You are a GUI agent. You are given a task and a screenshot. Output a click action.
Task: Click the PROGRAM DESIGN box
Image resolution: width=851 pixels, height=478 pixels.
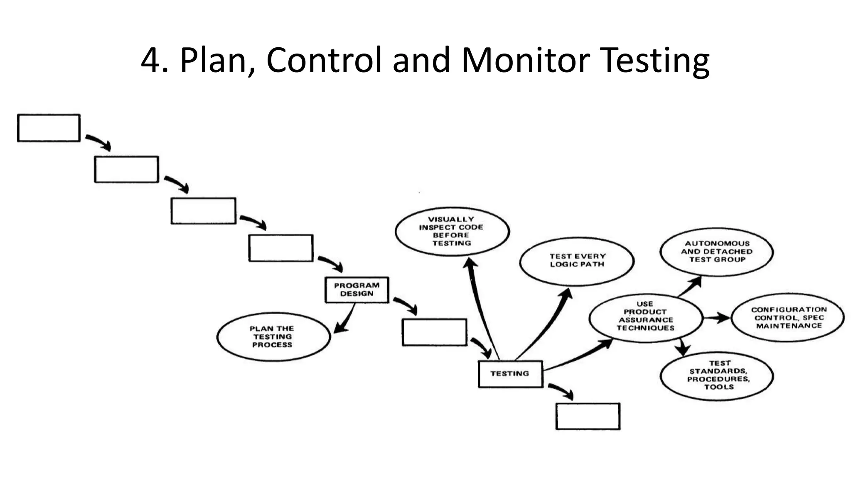357,290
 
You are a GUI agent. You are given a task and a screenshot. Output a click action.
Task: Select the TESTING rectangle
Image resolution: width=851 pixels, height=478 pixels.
510,374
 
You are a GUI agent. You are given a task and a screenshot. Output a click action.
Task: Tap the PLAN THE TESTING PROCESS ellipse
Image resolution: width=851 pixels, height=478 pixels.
273,337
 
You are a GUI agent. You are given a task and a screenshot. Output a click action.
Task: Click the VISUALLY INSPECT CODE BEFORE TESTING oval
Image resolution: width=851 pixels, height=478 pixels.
452,232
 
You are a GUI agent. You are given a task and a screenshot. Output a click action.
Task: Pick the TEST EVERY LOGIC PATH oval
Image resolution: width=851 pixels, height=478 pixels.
577,260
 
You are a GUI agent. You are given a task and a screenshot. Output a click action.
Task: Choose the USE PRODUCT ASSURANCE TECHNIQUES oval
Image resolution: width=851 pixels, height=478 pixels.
645,318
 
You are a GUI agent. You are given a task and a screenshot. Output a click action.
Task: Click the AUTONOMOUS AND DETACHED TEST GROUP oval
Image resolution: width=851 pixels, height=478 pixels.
716,251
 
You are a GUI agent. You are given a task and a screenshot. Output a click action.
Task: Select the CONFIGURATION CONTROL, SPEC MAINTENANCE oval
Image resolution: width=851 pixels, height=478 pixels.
788,318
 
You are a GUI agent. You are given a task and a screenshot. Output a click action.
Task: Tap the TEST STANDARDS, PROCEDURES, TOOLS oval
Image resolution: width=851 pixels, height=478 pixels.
717,376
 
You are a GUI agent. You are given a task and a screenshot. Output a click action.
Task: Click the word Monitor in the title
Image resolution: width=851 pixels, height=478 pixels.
525,60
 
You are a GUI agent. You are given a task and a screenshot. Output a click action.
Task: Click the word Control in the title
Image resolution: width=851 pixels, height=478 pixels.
324,60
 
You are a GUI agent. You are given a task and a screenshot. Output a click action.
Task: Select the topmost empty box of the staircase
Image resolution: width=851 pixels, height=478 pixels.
49,128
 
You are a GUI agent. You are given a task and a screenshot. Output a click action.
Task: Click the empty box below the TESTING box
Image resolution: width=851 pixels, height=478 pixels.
588,416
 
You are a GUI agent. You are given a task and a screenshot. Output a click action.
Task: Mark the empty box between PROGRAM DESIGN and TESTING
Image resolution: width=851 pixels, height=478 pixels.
434,332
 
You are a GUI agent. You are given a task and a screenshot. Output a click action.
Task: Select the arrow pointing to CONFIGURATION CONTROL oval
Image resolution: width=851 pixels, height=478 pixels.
717,318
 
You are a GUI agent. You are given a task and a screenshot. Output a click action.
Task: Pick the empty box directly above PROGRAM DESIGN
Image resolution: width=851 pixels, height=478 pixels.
280,248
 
